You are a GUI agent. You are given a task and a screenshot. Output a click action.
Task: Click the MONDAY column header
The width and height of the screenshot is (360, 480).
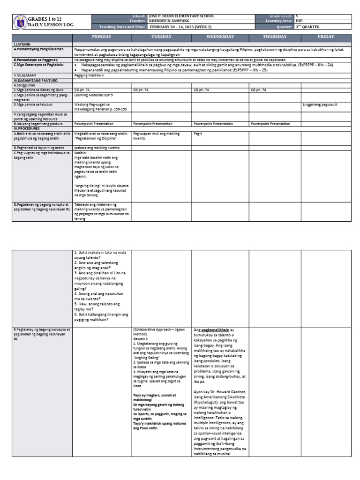coord(101,37)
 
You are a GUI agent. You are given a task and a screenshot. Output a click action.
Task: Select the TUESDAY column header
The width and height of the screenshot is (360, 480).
coord(161,37)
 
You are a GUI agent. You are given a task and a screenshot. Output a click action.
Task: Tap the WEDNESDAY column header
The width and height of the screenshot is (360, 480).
coord(220,37)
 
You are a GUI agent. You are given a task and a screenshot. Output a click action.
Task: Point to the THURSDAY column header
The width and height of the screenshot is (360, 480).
coord(275,37)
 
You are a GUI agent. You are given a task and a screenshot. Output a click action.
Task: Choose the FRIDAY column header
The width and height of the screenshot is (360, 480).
coord(325,37)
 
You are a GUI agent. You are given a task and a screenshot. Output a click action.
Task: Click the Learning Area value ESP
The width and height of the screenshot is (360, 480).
coord(300,22)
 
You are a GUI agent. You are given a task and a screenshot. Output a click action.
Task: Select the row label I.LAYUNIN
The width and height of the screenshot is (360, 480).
coord(22,43)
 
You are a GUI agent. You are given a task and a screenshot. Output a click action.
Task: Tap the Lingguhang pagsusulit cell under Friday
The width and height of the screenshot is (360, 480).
coord(320,105)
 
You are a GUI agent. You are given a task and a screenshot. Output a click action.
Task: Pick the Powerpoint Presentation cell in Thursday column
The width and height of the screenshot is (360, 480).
coord(270,124)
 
